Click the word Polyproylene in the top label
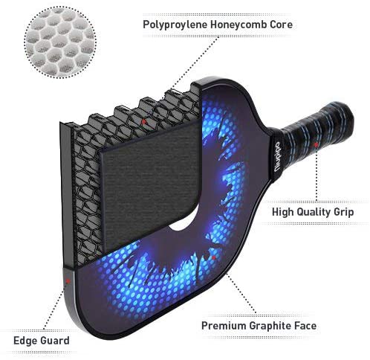click(x=175, y=25)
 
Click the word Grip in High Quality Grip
click(x=343, y=212)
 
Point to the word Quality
click(x=314, y=212)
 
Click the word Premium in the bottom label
click(x=224, y=326)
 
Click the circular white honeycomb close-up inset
click(x=60, y=42)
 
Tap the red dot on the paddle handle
click(x=316, y=144)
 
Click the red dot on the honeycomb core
click(x=143, y=121)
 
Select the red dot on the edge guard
click(x=68, y=280)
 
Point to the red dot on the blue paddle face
click(x=213, y=257)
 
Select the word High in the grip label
click(x=282, y=212)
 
